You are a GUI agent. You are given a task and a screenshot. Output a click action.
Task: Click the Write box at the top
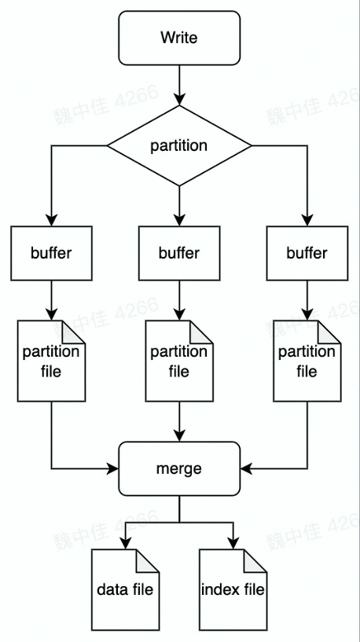(179, 38)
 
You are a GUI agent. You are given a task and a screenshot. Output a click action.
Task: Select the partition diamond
(179, 145)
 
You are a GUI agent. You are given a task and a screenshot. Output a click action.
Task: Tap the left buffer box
(51, 253)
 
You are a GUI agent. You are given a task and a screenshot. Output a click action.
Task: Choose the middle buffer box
(179, 253)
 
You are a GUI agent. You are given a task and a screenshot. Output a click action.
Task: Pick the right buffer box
(307, 253)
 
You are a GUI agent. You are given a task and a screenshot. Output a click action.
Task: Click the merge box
(179, 468)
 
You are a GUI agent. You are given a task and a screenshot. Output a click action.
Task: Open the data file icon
(125, 589)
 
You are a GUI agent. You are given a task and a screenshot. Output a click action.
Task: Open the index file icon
(233, 589)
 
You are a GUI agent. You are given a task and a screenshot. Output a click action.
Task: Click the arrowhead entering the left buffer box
(51, 219)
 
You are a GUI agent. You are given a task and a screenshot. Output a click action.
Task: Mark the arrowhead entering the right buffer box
(307, 219)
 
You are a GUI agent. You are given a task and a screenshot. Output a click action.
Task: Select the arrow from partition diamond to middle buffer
(179, 204)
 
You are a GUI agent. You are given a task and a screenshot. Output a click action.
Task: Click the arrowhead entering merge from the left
(112, 469)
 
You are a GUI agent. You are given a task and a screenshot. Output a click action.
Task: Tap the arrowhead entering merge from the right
(246, 469)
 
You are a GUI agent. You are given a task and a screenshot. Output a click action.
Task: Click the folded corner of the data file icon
(147, 559)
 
